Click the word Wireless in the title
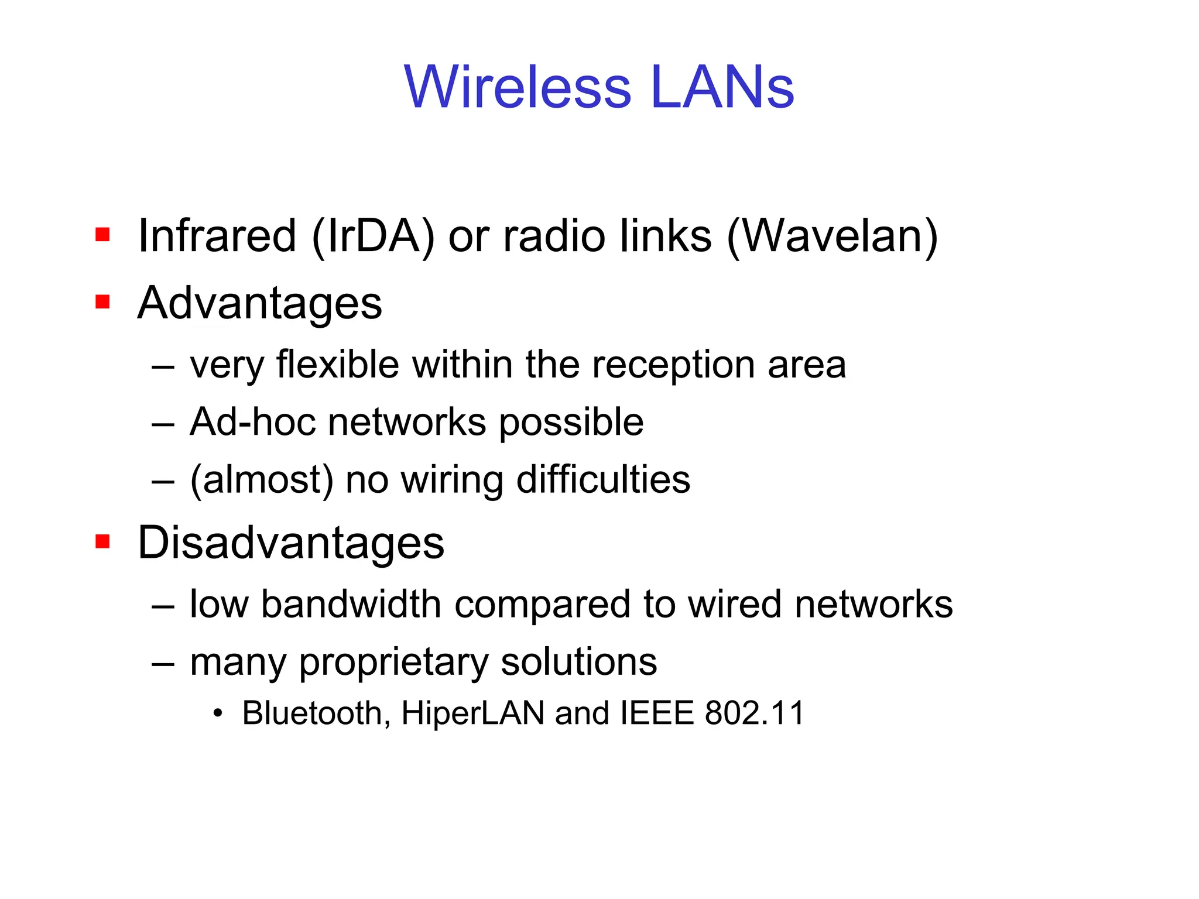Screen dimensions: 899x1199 (x=518, y=87)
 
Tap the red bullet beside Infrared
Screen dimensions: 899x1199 (x=102, y=235)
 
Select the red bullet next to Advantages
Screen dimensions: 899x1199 (x=102, y=302)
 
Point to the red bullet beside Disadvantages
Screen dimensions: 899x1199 (x=102, y=541)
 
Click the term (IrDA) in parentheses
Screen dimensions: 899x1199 (x=374, y=236)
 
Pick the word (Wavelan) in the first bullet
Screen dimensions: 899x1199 (x=832, y=236)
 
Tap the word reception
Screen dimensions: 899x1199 (x=673, y=365)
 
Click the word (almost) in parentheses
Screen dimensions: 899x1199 (x=262, y=480)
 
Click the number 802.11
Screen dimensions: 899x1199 (x=755, y=713)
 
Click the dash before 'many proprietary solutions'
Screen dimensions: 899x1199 (x=163, y=663)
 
